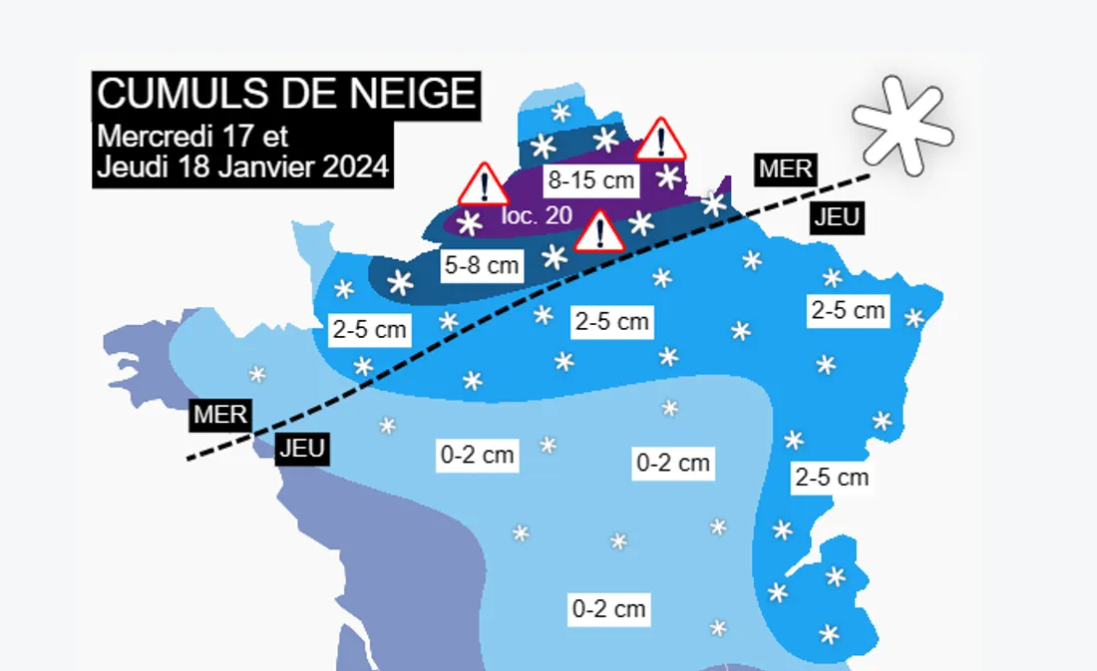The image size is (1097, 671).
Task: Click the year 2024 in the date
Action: (355, 167)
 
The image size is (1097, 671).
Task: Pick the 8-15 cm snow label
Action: (590, 180)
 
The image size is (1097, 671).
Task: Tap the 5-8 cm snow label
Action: (482, 265)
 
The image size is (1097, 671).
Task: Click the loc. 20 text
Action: (537, 214)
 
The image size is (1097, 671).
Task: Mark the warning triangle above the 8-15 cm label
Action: (660, 140)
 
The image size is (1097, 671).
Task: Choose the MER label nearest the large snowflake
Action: (786, 168)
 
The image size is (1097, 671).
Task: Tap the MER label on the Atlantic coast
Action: (220, 415)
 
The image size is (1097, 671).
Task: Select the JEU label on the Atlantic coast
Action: (301, 449)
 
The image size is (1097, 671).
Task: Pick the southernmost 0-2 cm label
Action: (608, 608)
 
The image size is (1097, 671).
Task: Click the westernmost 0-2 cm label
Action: (478, 456)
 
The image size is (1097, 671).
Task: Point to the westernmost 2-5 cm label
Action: (369, 329)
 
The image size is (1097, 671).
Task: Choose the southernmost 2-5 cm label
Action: (832, 478)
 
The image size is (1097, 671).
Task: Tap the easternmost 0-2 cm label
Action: (673, 463)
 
